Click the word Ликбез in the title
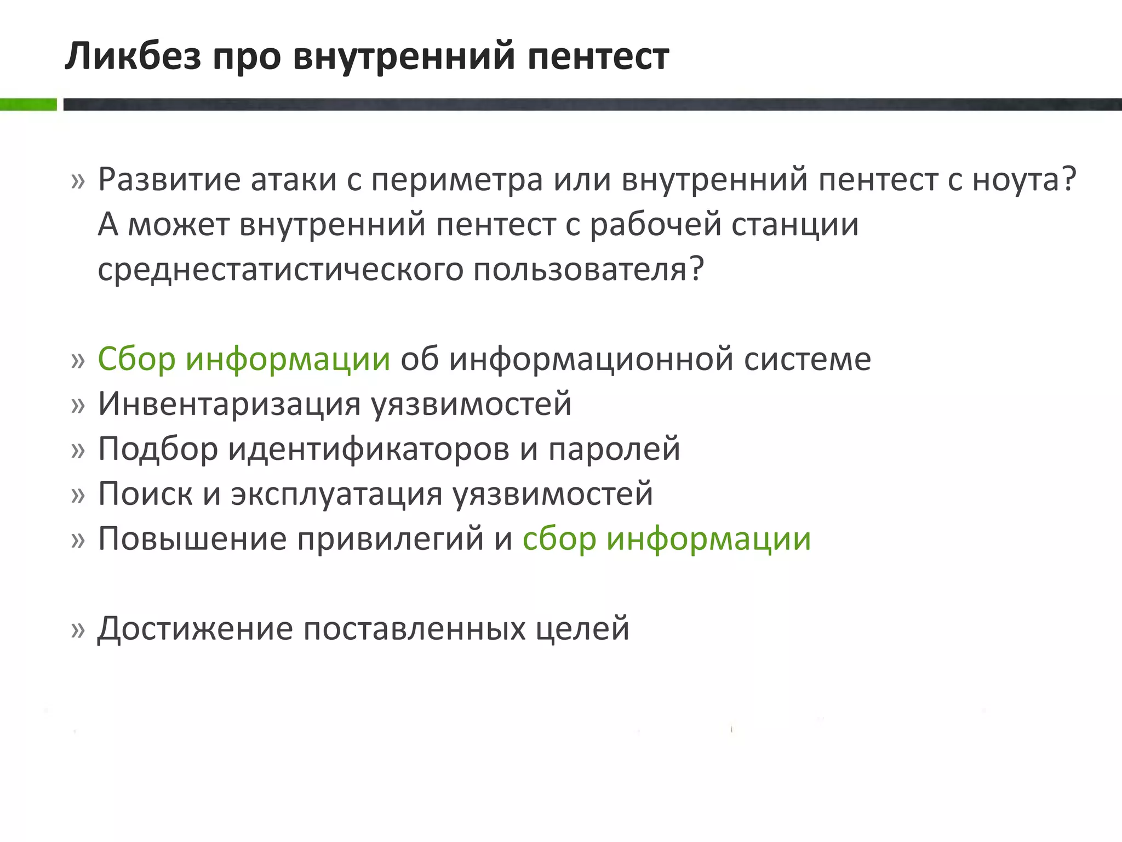[x=133, y=56]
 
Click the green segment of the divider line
[x=28, y=104]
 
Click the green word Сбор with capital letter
[x=136, y=359]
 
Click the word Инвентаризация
[x=228, y=404]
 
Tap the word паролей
[x=614, y=449]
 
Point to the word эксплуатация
[x=336, y=494]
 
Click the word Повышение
[x=192, y=539]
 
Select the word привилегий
[x=391, y=539]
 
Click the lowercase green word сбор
[x=559, y=539]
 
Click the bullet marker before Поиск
[x=78, y=495]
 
